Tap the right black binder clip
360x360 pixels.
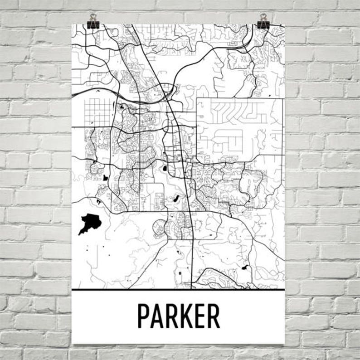tap(263, 21)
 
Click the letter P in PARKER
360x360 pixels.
tap(144, 316)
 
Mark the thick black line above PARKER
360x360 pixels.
tap(178, 289)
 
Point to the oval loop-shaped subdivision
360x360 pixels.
tap(161, 227)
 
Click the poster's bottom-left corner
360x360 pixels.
tap(73, 343)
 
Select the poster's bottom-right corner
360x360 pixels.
tap(284, 343)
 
